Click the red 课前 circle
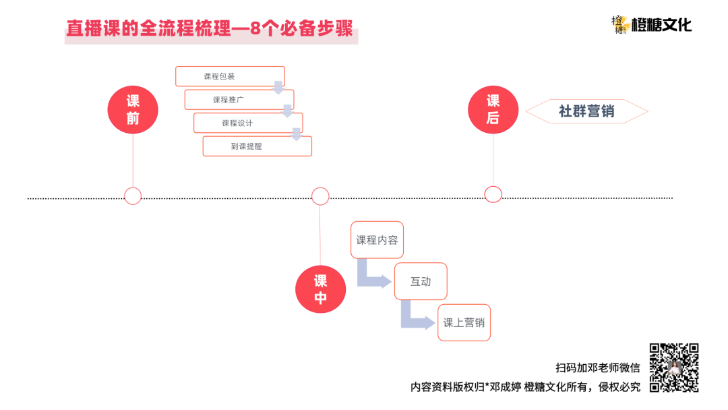click(x=133, y=110)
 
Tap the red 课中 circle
click(x=321, y=289)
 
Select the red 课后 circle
click(x=493, y=109)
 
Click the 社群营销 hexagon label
click(x=586, y=111)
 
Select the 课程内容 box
click(x=377, y=239)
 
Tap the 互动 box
click(x=421, y=281)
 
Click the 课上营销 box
click(x=464, y=322)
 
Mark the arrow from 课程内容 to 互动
click(x=371, y=275)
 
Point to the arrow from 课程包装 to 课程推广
click(x=278, y=88)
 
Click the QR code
click(x=673, y=368)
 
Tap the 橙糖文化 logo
click(x=651, y=26)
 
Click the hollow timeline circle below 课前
click(x=133, y=196)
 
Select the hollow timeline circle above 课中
click(x=320, y=196)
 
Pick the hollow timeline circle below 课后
click(x=493, y=194)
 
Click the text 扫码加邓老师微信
click(x=597, y=368)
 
